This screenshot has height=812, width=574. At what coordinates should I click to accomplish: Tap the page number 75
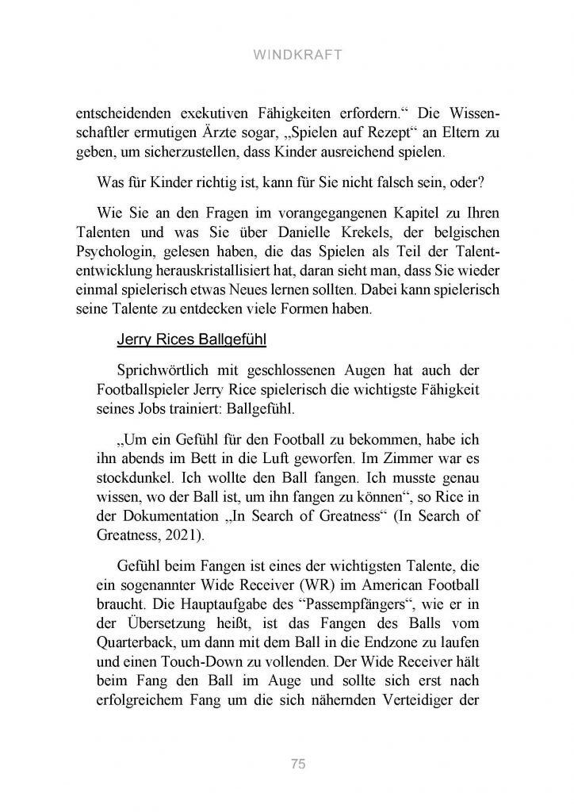pos(298,764)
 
